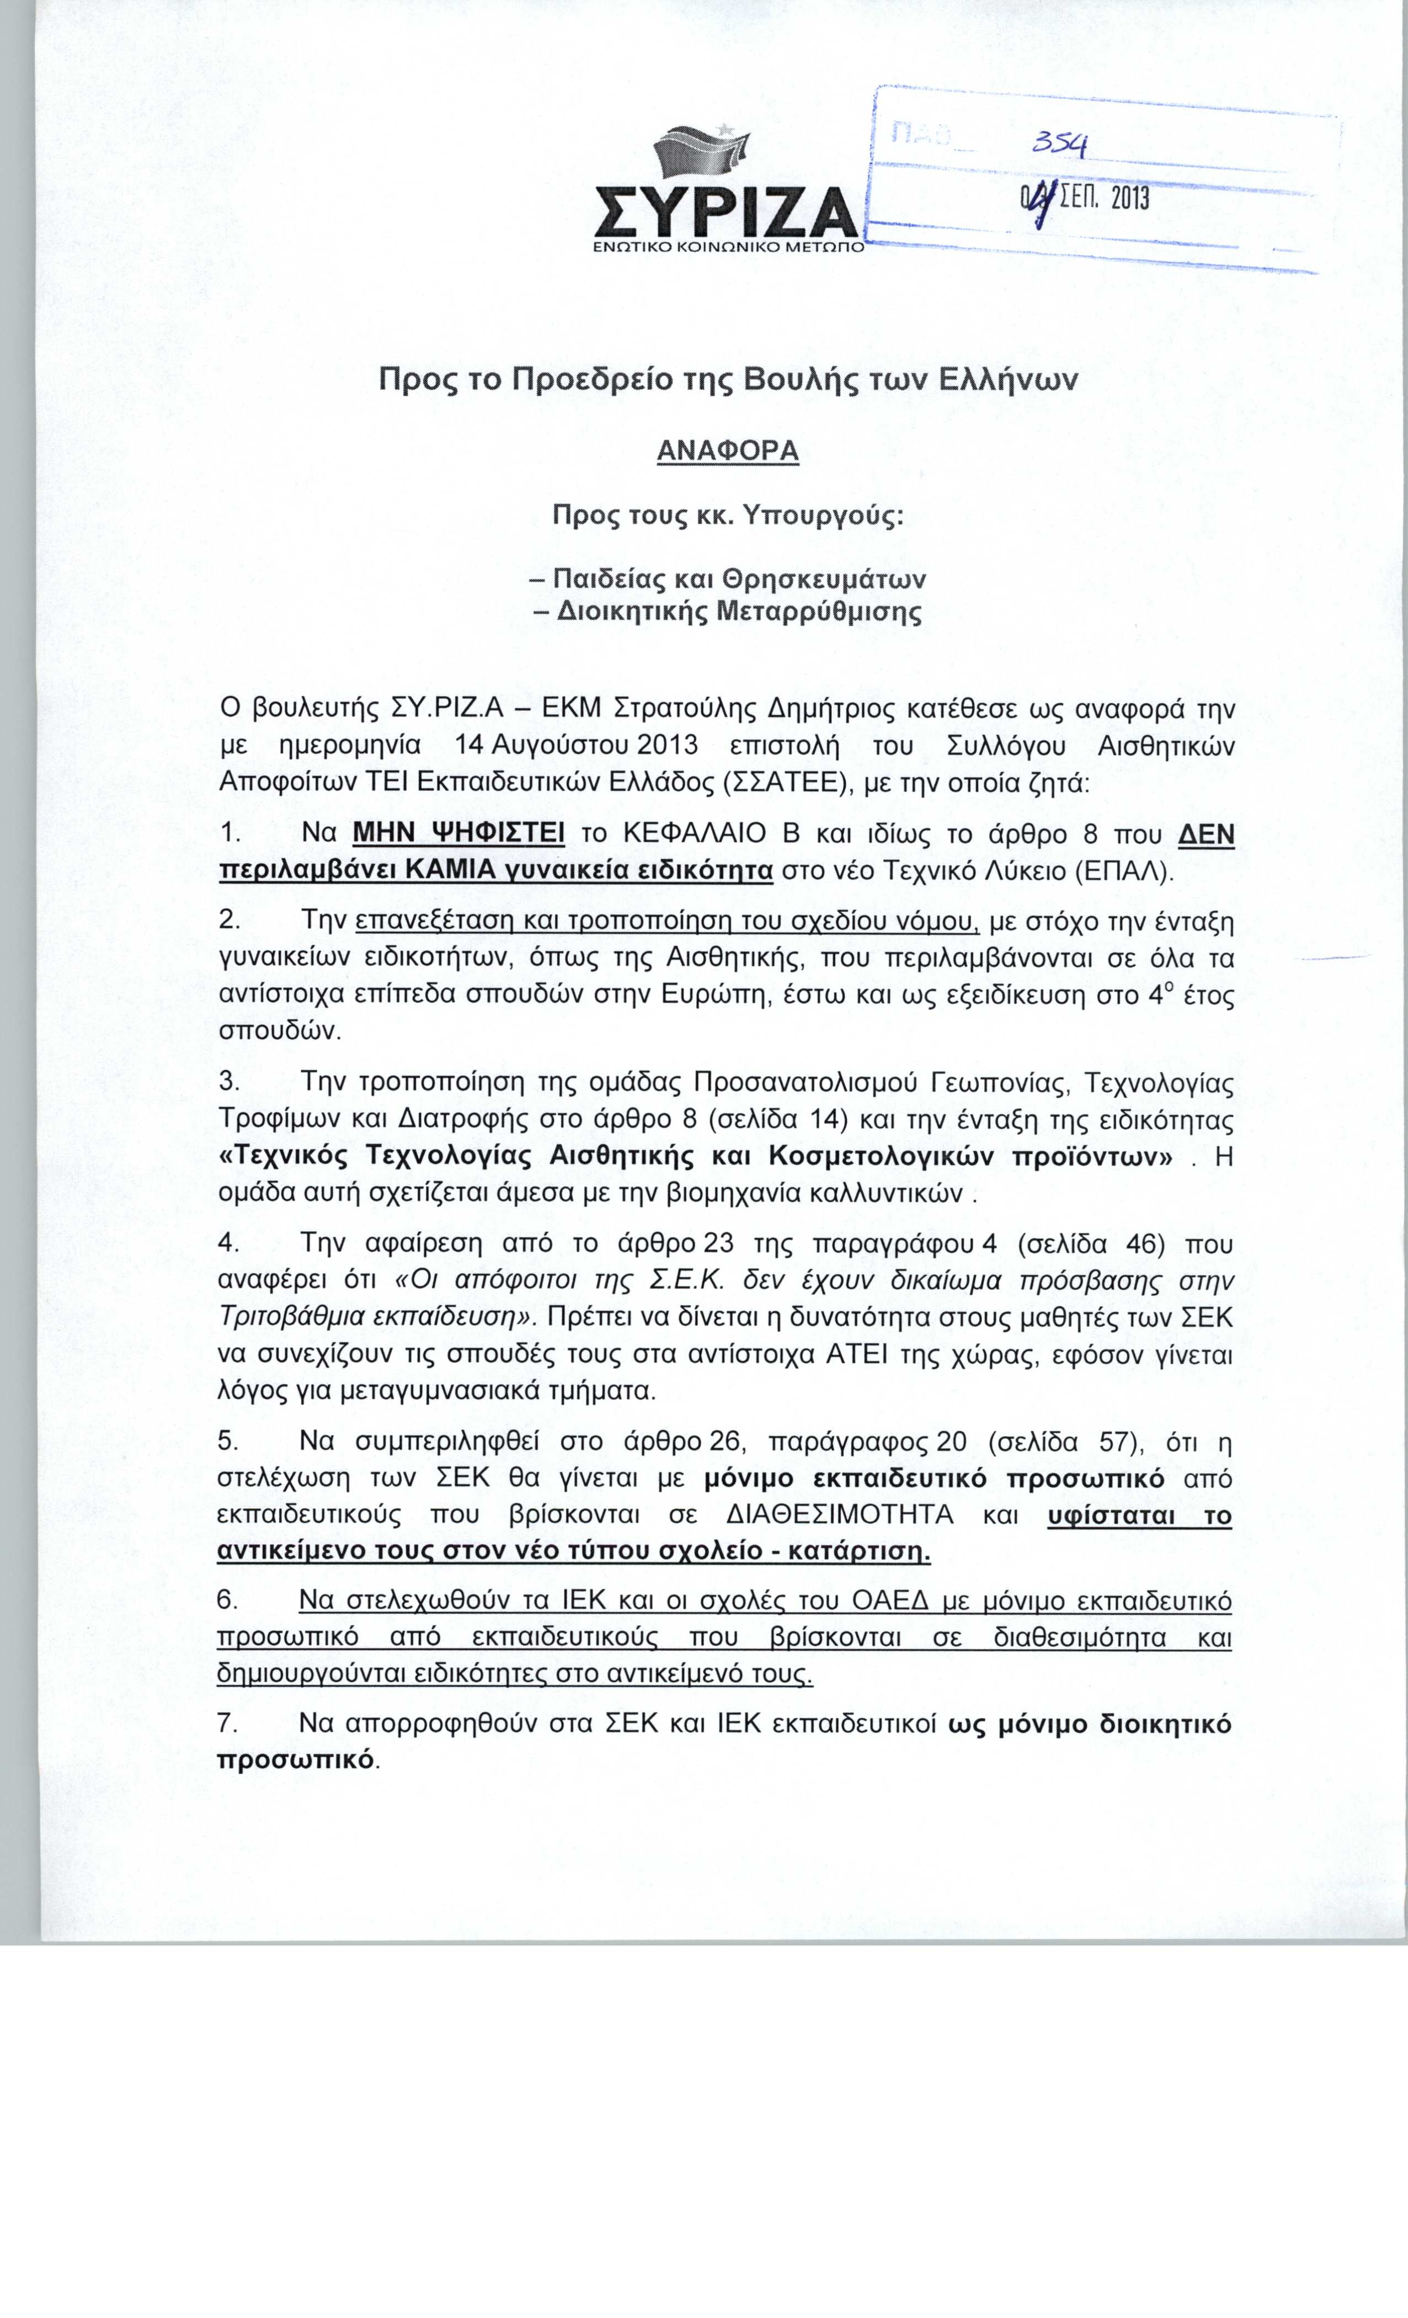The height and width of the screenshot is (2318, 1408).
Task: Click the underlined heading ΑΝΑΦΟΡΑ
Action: [x=727, y=450]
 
